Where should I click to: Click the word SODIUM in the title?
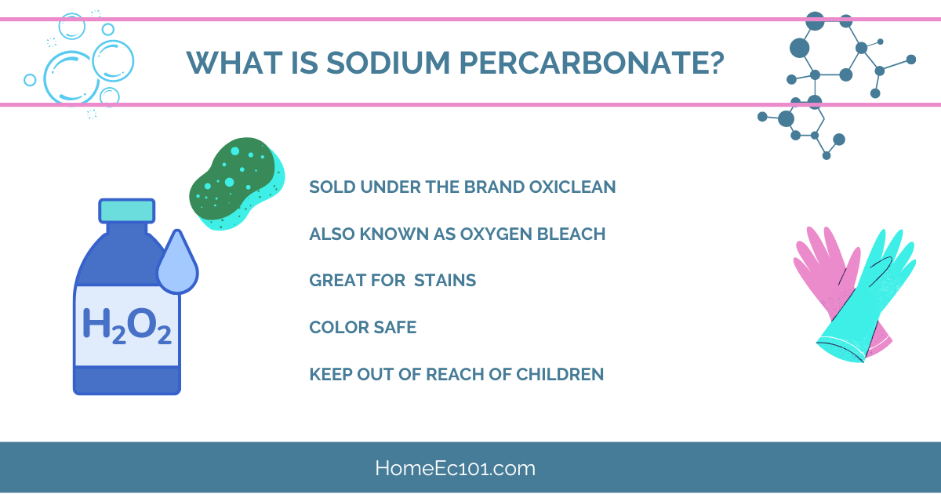(388, 63)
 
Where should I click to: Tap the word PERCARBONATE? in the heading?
(592, 63)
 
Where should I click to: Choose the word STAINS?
(445, 280)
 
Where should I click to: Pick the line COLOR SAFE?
(363, 327)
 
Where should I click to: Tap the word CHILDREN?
(560, 374)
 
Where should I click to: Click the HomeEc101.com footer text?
(456, 468)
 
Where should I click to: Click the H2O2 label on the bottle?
(126, 325)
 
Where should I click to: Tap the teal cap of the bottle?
(127, 211)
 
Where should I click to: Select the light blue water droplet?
(177, 263)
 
